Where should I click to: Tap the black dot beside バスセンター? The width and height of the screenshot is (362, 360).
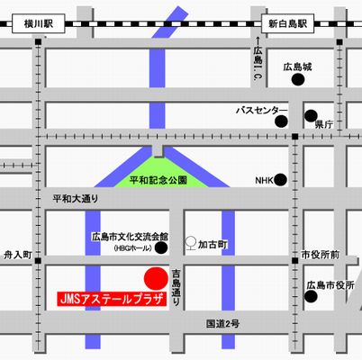(x=282, y=118)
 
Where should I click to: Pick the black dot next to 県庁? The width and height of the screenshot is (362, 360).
(x=309, y=116)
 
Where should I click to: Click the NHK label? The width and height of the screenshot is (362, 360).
(x=264, y=180)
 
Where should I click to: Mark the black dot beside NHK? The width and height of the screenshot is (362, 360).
(x=282, y=180)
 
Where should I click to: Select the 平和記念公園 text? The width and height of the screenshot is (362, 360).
(x=158, y=180)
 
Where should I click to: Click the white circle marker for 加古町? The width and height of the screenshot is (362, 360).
(x=190, y=242)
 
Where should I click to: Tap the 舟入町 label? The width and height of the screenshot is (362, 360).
(x=18, y=255)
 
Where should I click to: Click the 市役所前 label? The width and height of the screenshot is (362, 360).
(x=321, y=255)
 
